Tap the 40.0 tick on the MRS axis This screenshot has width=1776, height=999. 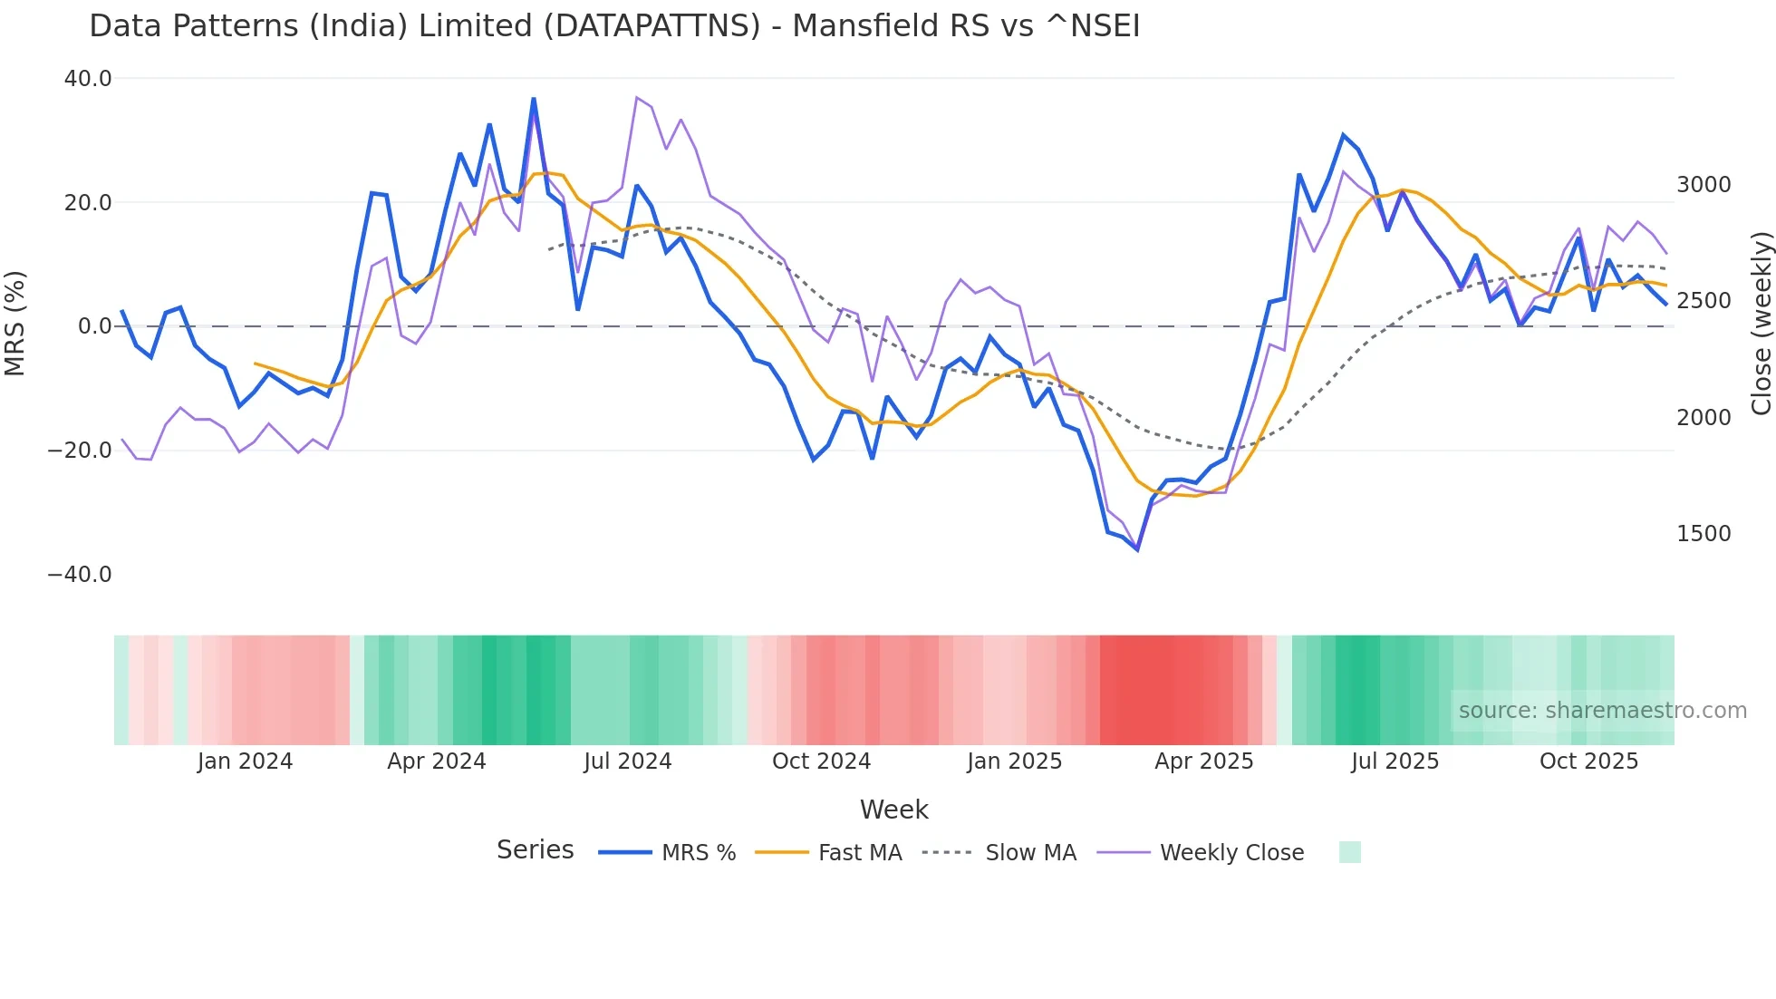coord(88,79)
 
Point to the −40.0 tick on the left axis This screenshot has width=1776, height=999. coord(80,575)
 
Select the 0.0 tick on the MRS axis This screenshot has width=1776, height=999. coord(94,326)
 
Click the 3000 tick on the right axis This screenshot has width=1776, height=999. coord(1704,185)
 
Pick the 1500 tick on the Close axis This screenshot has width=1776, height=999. coord(1704,534)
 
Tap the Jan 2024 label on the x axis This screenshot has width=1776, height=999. coord(245,761)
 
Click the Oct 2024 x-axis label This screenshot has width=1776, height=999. coord(821,761)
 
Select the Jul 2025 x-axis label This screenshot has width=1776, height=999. coord(1395,761)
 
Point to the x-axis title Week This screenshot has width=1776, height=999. coord(893,810)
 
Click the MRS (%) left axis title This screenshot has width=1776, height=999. coord(15,323)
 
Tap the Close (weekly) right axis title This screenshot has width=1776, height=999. coord(1761,324)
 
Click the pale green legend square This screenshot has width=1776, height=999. coord(1349,852)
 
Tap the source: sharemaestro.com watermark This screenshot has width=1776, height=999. coord(1602,711)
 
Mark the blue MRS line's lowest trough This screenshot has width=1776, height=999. coord(1137,549)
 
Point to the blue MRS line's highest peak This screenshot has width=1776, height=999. coord(534,98)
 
